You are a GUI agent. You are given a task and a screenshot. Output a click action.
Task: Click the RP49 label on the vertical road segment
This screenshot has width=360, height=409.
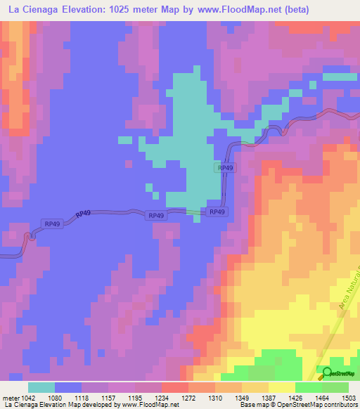tap(225, 169)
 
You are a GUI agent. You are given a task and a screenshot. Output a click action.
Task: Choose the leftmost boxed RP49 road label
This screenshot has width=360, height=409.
tap(53, 223)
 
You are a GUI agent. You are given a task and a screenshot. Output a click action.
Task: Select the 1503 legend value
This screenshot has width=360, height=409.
tap(345, 398)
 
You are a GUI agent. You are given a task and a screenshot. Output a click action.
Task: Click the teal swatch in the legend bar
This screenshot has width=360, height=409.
tap(41, 387)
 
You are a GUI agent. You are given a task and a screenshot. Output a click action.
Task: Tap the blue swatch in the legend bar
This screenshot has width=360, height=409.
tap(68, 387)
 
